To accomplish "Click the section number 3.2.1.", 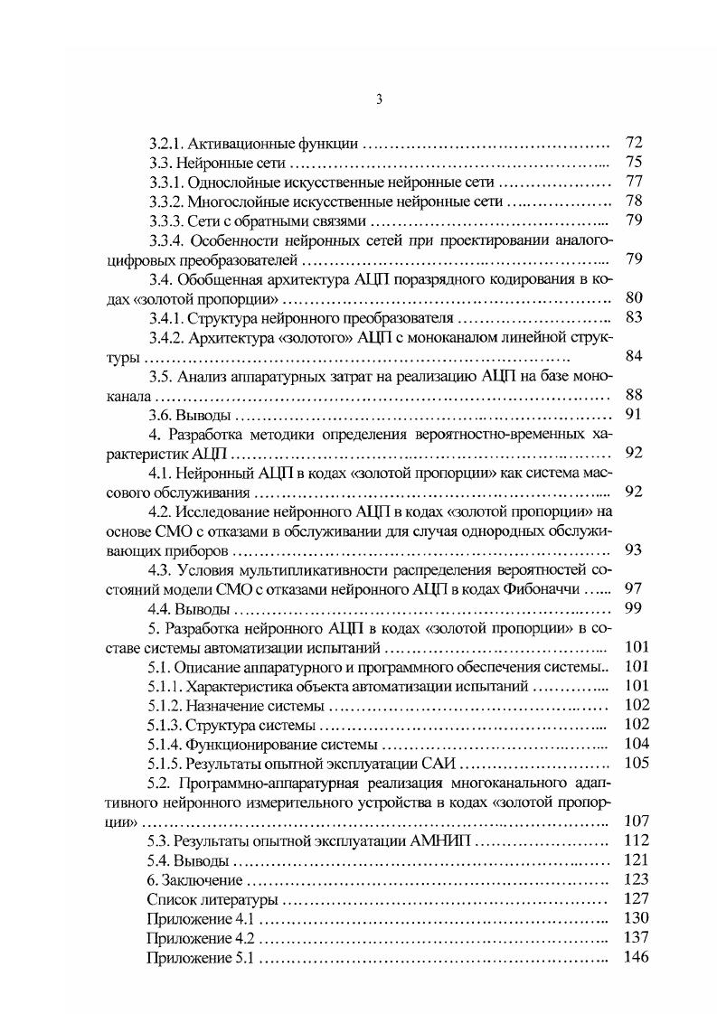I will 166,143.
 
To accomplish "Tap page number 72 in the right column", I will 633,143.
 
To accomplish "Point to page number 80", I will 633,297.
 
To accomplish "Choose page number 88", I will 633,395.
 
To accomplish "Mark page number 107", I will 637,822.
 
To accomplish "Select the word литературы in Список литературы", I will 239,900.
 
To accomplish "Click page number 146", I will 637,958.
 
